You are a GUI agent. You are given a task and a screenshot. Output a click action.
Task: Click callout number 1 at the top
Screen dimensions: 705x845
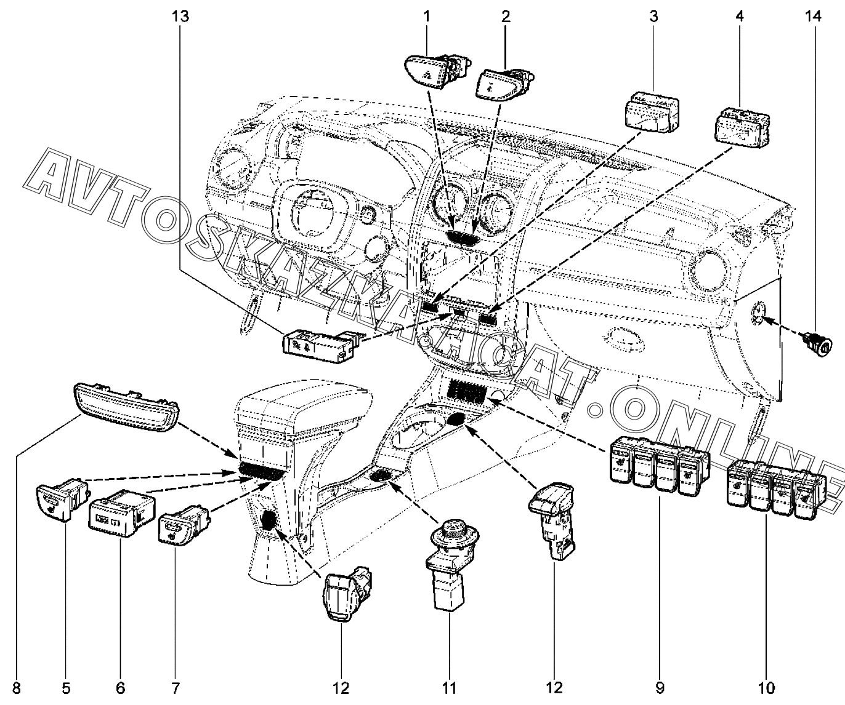(426, 17)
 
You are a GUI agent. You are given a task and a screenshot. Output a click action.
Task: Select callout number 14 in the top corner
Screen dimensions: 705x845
(813, 17)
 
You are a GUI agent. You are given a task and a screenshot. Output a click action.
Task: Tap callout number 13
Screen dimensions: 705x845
(180, 17)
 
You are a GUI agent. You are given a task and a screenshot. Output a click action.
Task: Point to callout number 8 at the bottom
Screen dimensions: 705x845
(17, 688)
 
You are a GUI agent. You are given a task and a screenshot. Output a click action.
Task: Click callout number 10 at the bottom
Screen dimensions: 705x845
(767, 688)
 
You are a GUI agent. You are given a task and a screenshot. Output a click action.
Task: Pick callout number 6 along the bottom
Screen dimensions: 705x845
(120, 688)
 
